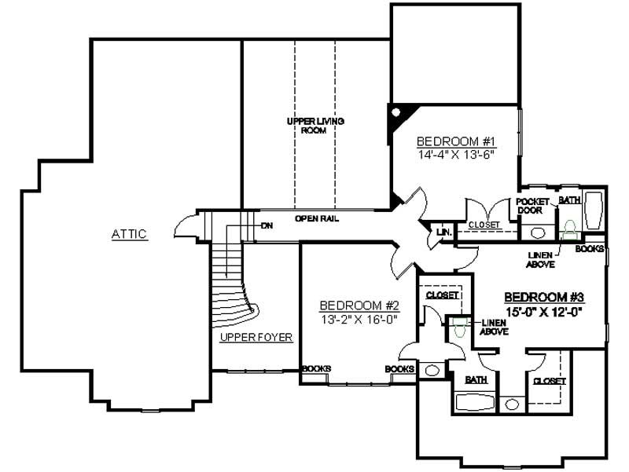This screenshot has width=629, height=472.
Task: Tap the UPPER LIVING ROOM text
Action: (x=314, y=126)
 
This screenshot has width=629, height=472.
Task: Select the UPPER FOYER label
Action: (x=256, y=338)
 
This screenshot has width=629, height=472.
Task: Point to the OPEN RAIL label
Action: (x=317, y=218)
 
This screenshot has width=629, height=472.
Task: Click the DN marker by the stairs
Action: (x=267, y=225)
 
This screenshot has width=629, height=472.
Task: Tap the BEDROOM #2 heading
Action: (x=360, y=306)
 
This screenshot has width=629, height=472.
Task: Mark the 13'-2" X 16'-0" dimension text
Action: (x=360, y=319)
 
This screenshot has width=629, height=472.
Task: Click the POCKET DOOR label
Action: (x=532, y=206)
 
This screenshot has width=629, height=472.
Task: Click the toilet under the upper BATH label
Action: (x=568, y=227)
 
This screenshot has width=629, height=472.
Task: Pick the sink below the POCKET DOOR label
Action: (x=537, y=232)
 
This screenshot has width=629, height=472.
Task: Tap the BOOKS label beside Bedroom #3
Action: (x=590, y=249)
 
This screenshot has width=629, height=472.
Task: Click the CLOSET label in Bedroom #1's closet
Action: (x=484, y=225)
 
